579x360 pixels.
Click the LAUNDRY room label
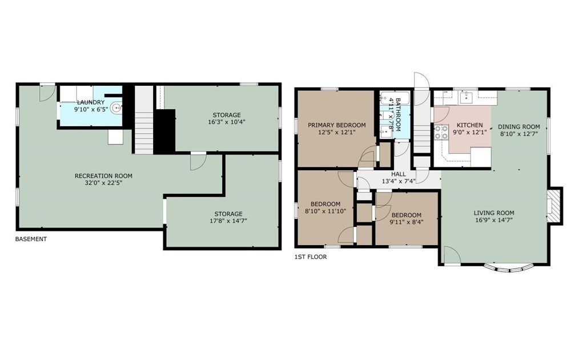click(91, 102)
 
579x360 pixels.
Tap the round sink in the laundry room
click(117, 109)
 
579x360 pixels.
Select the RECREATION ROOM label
click(103, 176)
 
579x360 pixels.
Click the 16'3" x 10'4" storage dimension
click(227, 122)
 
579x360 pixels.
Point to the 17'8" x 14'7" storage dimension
click(228, 221)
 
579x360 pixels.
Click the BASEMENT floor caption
click(31, 239)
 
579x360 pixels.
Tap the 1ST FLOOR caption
click(311, 257)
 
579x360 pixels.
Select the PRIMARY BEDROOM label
click(337, 125)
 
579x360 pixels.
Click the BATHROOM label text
click(398, 115)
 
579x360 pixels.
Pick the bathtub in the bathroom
click(395, 98)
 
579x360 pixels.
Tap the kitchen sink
click(468, 97)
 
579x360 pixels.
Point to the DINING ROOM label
click(519, 127)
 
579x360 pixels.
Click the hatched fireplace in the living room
click(553, 206)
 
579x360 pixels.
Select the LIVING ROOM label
click(494, 213)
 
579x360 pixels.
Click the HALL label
click(399, 174)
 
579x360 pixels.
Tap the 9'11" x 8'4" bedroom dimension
click(407, 222)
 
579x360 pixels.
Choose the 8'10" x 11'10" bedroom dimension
click(325, 211)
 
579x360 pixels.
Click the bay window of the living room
click(509, 268)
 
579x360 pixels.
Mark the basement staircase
click(144, 120)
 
